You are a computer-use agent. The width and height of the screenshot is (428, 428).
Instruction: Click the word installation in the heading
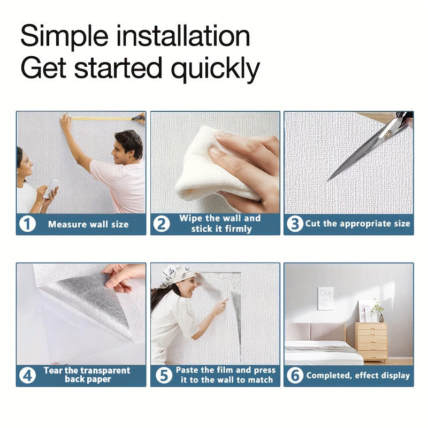183,36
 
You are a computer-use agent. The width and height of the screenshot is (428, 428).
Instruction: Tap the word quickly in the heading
216,68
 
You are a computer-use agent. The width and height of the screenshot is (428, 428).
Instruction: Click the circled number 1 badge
28,224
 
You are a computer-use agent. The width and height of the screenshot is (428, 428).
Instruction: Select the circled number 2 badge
162,224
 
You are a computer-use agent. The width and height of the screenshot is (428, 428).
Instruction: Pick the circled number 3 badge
295,224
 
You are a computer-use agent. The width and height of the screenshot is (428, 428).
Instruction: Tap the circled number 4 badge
28,376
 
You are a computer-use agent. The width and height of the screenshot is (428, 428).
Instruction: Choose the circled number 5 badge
164,376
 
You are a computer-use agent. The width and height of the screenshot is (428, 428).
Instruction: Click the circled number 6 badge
295,376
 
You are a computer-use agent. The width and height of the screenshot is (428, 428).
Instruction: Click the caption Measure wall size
88,224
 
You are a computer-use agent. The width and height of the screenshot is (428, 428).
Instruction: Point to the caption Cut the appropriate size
358,224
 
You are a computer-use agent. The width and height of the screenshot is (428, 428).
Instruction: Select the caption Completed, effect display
358,376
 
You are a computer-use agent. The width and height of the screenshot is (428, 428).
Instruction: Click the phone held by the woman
51,188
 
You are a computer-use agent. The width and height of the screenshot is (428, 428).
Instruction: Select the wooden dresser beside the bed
371,342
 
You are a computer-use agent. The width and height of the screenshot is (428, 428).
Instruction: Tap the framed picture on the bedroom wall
326,299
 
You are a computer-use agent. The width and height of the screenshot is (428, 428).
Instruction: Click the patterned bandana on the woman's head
178,275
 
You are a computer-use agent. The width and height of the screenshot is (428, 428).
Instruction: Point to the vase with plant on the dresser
378,311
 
